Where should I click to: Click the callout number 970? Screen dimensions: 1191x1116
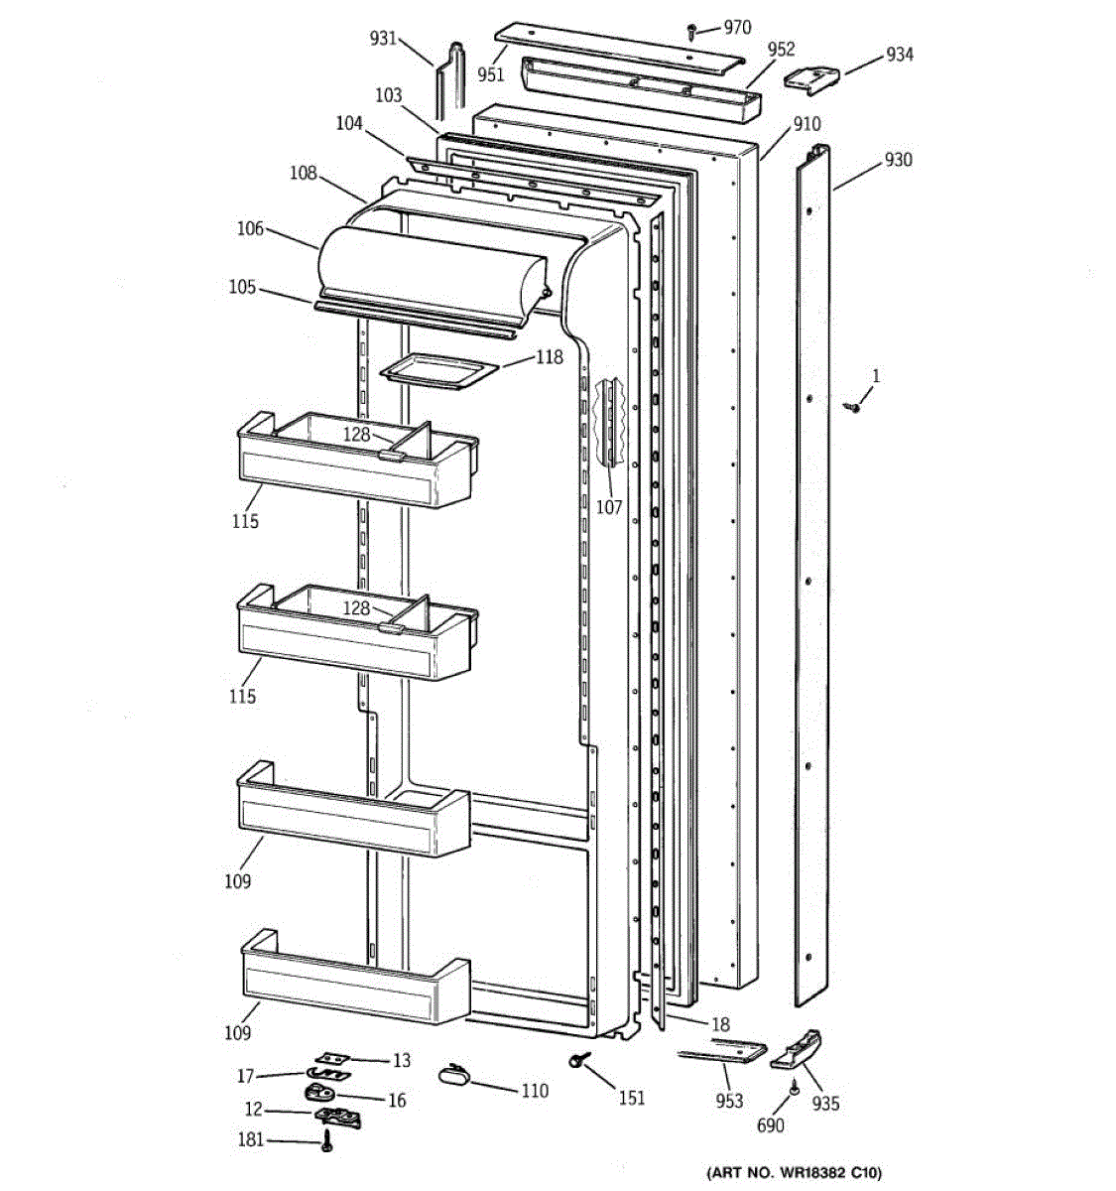(737, 28)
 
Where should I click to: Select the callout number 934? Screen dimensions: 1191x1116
(899, 55)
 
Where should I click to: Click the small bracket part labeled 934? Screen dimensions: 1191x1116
(811, 77)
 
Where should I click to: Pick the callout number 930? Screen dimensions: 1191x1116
(898, 160)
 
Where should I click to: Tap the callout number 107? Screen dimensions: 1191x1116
(609, 507)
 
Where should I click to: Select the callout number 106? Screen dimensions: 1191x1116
(250, 229)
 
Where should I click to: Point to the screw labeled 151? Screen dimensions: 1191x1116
(576, 1062)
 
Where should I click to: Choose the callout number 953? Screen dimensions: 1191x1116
(729, 1100)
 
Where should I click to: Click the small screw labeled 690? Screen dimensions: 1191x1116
(795, 1090)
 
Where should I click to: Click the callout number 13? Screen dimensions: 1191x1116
(401, 1061)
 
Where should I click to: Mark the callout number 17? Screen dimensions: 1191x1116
(245, 1075)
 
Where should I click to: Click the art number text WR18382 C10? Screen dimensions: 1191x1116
(794, 1172)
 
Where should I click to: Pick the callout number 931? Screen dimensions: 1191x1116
(383, 39)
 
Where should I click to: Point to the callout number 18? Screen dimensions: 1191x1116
(721, 1024)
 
